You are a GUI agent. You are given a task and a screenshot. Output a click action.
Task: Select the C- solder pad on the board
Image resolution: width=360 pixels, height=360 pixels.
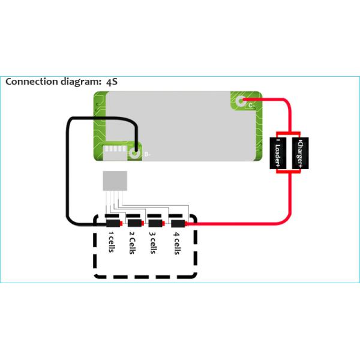(x=241, y=103)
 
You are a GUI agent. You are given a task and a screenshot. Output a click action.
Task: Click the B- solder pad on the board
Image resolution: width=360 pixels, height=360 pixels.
(x=136, y=153)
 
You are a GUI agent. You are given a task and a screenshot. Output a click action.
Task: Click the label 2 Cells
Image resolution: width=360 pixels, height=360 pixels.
(x=132, y=242)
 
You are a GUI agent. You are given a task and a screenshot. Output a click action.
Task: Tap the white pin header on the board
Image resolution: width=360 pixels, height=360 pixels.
(x=114, y=152)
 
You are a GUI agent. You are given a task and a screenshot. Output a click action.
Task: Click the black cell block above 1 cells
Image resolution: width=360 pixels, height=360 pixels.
(x=112, y=223)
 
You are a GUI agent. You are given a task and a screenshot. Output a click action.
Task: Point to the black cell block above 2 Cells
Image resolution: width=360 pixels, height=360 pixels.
(x=134, y=223)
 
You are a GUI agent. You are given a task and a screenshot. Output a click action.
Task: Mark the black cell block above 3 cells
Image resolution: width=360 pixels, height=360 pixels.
(x=155, y=223)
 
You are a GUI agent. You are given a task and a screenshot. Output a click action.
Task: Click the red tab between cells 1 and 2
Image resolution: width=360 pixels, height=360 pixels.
(x=123, y=223)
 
